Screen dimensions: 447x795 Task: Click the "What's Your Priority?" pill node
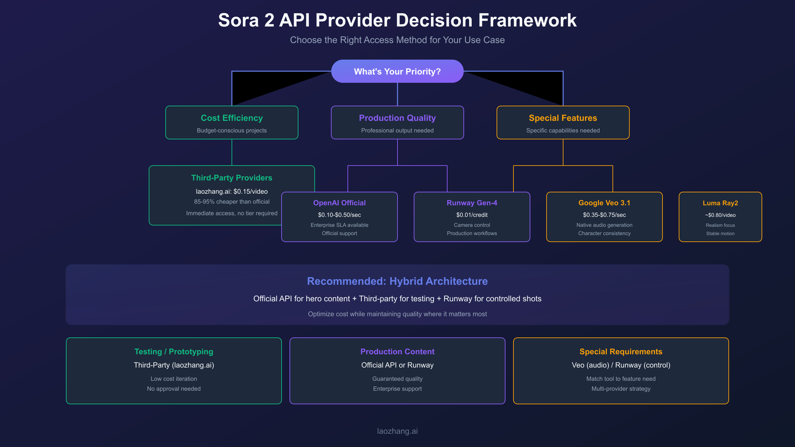tap(397, 72)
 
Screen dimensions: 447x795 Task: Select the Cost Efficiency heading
tap(232, 118)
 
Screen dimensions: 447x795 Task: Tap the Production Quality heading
tap(397, 118)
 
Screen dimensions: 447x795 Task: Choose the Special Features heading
tap(563, 118)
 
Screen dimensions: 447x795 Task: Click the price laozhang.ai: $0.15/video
tap(232, 191)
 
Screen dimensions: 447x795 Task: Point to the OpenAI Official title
tap(339, 203)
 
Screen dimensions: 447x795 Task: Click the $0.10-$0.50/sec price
tap(339, 215)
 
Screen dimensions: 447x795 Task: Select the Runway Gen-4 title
tap(472, 203)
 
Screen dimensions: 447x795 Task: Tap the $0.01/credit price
tap(472, 215)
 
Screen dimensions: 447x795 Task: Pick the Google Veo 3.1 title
tap(604, 203)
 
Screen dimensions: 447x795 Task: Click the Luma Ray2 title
tap(720, 203)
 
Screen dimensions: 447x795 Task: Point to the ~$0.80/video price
tap(720, 215)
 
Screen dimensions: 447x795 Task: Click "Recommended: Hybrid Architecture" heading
tap(397, 281)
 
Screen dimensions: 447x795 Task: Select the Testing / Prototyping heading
tap(174, 352)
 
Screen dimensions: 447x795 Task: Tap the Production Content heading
tap(397, 352)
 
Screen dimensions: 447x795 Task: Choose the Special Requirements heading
tap(621, 352)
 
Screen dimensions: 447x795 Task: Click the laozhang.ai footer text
tap(397, 431)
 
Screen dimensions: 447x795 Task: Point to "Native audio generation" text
tap(604, 225)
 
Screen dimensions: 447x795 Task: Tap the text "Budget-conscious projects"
tap(232, 130)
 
